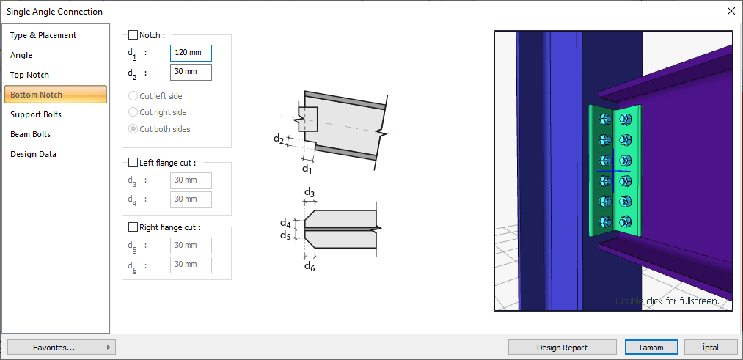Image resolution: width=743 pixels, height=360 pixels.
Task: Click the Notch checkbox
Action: (x=133, y=35)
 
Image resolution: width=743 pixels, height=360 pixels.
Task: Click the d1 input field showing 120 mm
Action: (x=191, y=53)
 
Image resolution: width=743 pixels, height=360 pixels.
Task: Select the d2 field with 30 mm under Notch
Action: (x=191, y=72)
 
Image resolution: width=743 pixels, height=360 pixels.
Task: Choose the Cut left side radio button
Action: (x=133, y=96)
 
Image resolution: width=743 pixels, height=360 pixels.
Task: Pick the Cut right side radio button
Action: (x=133, y=112)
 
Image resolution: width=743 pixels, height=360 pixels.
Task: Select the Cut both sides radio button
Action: (x=133, y=129)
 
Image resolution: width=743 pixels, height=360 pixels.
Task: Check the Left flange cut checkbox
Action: (x=133, y=163)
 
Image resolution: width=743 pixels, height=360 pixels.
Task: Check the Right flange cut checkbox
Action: (x=133, y=227)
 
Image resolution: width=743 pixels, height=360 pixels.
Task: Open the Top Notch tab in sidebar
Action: (x=29, y=75)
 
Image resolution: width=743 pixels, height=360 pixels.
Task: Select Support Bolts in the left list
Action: (x=35, y=114)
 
